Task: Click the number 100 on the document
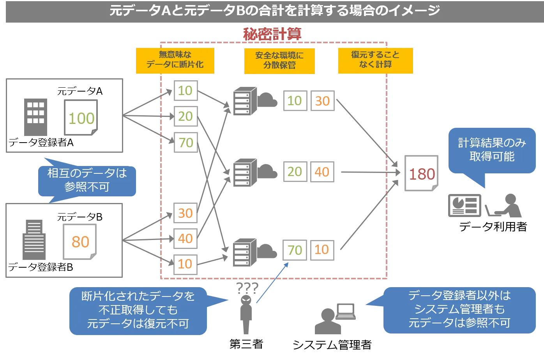pos(81,118)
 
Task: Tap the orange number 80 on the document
pos(80,242)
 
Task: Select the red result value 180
pos(422,174)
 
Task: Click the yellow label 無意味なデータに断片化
pos(175,60)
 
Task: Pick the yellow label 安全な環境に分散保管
pos(279,60)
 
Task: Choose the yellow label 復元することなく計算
pos(375,60)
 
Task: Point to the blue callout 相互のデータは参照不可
pos(87,180)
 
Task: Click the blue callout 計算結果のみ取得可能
pos(492,150)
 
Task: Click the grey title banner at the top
pos(272,12)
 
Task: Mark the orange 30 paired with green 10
pos(322,101)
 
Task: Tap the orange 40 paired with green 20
pos(322,172)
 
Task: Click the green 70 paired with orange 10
pos(295,250)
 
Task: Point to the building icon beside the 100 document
pos(36,116)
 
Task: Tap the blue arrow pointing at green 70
pos(273,282)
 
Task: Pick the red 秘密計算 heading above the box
pos(272,34)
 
